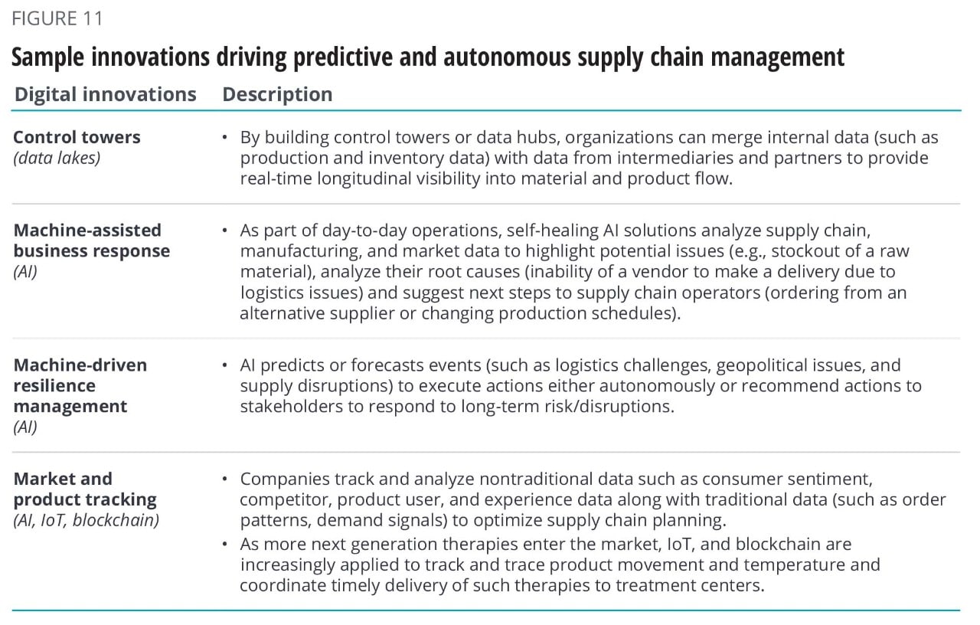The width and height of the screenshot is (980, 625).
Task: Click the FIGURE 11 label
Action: click(57, 18)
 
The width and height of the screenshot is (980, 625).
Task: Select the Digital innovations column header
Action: click(106, 94)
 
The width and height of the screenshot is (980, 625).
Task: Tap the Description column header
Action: click(277, 94)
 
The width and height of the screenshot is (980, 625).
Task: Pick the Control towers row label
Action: click(77, 137)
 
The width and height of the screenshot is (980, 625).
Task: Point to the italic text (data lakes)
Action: click(57, 158)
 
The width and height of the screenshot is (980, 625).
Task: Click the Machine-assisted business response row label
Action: click(91, 241)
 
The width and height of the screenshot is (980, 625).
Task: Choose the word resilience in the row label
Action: click(54, 385)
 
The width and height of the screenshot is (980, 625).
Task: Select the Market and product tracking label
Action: click(85, 489)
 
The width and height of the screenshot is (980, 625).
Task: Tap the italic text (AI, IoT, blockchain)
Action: click(87, 520)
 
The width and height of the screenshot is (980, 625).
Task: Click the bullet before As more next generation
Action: click(225, 544)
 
